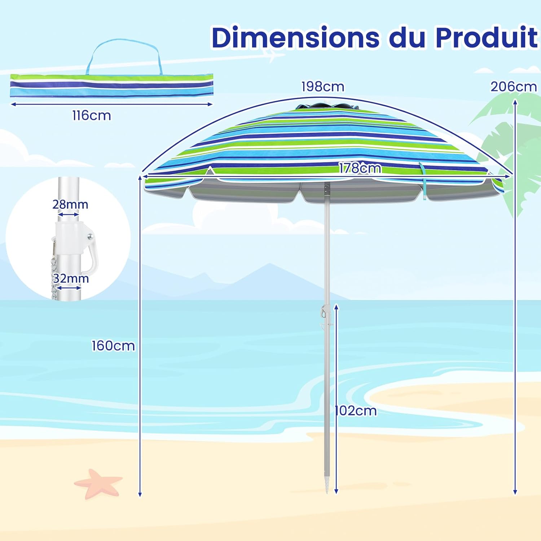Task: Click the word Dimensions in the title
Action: [296, 37]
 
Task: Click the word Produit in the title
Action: [487, 37]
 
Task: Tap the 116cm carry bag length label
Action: [92, 116]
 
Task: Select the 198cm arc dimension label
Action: [323, 87]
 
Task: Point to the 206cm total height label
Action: [514, 87]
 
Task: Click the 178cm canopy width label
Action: [360, 168]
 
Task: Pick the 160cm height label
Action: [113, 346]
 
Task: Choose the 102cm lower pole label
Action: [356, 411]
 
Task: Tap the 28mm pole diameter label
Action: [70, 204]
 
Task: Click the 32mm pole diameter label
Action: [71, 278]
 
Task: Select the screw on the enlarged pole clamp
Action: [90, 237]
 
